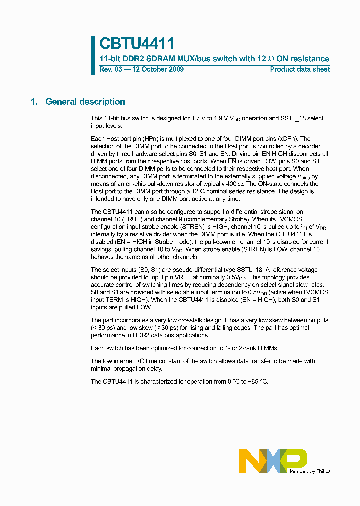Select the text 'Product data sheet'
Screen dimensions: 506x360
pos(300,69)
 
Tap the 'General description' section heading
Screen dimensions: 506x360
pos(85,102)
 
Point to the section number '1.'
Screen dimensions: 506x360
pos(34,102)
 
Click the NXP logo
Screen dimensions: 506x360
pos(272,460)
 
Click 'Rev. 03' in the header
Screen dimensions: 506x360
pos(110,69)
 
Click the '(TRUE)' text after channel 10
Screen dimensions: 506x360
pos(130,219)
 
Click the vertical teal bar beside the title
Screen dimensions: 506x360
pos(93,55)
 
